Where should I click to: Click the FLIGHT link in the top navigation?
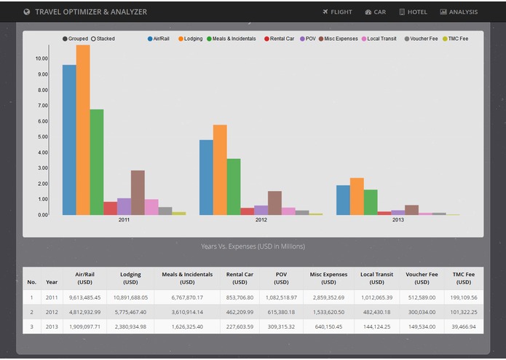click(337, 12)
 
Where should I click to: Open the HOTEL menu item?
click(413, 12)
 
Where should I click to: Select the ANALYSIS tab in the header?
click(459, 12)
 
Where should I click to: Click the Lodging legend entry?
click(189, 39)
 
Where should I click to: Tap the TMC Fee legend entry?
click(454, 39)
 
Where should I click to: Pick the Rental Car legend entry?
click(278, 39)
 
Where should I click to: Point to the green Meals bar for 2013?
click(371, 202)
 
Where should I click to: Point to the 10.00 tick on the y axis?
click(41, 58)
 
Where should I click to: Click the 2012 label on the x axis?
click(261, 219)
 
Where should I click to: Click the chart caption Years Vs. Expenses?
click(253, 246)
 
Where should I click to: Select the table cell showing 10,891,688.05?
click(130, 297)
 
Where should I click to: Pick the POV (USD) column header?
click(281, 278)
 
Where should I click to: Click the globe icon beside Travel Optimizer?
click(27, 12)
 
